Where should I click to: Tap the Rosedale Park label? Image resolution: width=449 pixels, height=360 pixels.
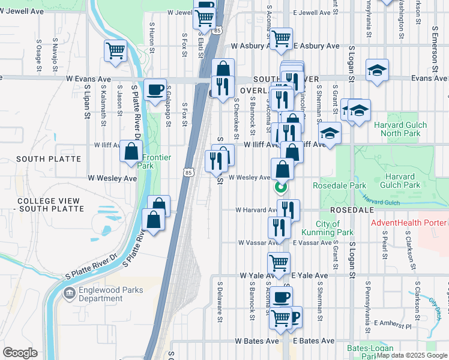point(331,185)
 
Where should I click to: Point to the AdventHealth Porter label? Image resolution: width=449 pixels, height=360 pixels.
point(409,223)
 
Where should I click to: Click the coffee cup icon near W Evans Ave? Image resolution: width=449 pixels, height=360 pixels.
point(155,89)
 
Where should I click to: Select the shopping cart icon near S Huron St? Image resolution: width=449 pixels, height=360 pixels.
point(115,51)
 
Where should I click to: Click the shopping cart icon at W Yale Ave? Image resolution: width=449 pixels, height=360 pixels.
point(279,262)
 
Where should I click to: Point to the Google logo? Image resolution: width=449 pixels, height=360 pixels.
point(20,353)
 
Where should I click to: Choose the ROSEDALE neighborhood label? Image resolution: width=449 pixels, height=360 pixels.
point(352,211)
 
